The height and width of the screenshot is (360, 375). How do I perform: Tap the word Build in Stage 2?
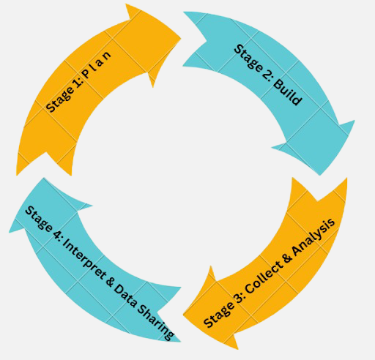pos(288,93)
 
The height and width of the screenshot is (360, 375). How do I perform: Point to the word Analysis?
pos(313,237)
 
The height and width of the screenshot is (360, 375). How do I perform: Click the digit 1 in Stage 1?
pos(78,84)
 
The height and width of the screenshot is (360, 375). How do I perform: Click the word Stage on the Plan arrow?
pos(60,100)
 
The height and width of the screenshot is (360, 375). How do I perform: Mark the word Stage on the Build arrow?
pos(248,59)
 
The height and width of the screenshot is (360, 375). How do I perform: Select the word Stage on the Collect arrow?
pos(218,315)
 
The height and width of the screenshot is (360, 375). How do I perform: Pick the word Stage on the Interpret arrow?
pos(39,219)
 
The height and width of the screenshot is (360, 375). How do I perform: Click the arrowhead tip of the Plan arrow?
pos(181,38)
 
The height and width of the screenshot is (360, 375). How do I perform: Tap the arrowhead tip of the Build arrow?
pos(319,175)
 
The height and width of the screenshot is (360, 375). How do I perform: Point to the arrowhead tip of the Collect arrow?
pos(183,315)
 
